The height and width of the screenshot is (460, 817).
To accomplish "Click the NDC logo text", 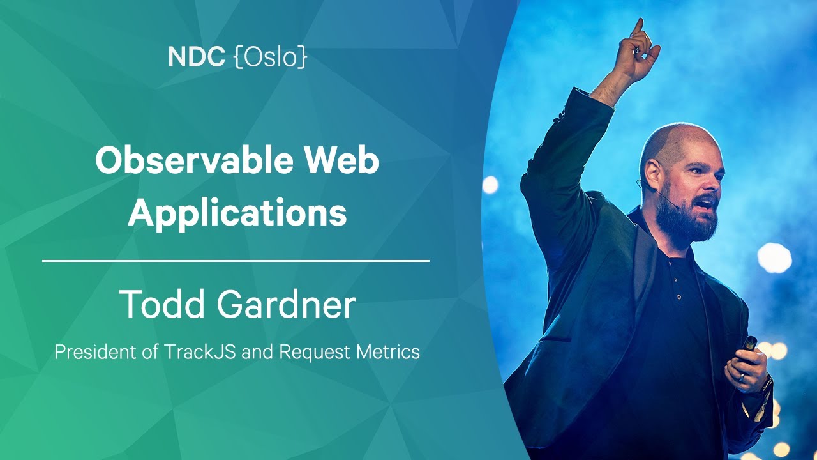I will [196, 57].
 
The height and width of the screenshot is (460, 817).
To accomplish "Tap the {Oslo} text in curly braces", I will [271, 57].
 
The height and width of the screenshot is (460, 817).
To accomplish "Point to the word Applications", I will [237, 213].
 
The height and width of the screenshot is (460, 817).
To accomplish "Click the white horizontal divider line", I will [236, 261].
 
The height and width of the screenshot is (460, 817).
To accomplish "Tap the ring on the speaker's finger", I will [742, 378].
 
